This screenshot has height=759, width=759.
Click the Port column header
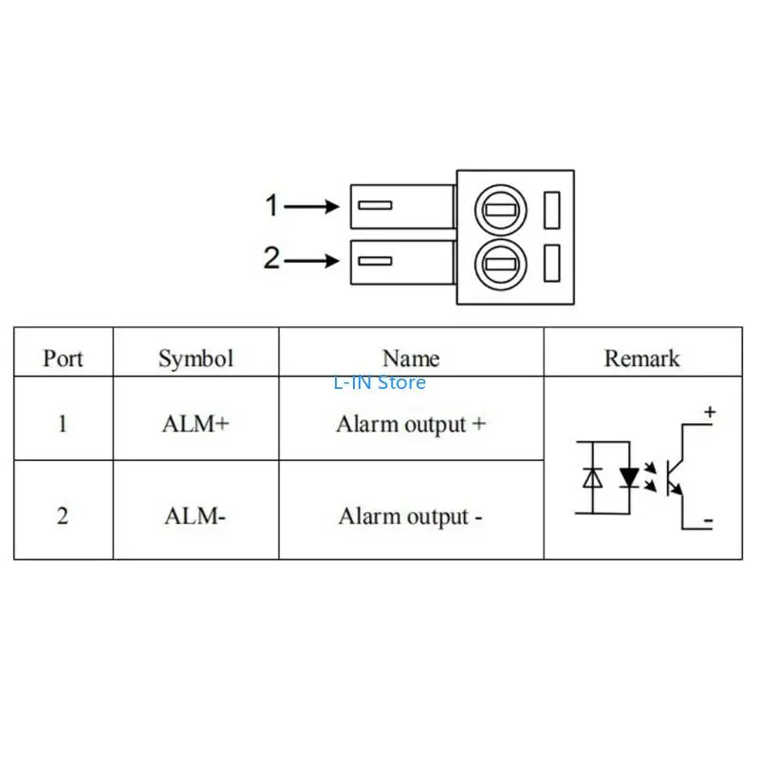coord(63,359)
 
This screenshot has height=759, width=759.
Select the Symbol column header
coord(195,359)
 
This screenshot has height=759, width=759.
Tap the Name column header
coord(411,359)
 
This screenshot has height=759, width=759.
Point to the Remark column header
coord(642,359)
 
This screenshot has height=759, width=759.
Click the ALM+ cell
coord(195,424)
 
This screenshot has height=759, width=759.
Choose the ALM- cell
coord(194,517)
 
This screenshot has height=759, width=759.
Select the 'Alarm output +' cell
coord(411,424)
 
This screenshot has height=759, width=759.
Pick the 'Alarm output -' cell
coord(411,517)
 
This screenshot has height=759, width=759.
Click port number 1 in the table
coord(63,424)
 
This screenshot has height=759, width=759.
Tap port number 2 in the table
coord(63,517)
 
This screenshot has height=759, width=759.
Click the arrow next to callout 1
coord(312,206)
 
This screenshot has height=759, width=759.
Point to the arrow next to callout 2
coord(312,260)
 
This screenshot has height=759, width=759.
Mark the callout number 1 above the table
coord(272,205)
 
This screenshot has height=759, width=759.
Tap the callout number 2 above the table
coord(272,258)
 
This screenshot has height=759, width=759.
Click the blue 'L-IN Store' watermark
coord(379,383)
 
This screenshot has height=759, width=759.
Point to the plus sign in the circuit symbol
coord(709,413)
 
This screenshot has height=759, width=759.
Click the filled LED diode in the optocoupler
coord(628,477)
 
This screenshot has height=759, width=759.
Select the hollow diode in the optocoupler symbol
coord(592,477)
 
